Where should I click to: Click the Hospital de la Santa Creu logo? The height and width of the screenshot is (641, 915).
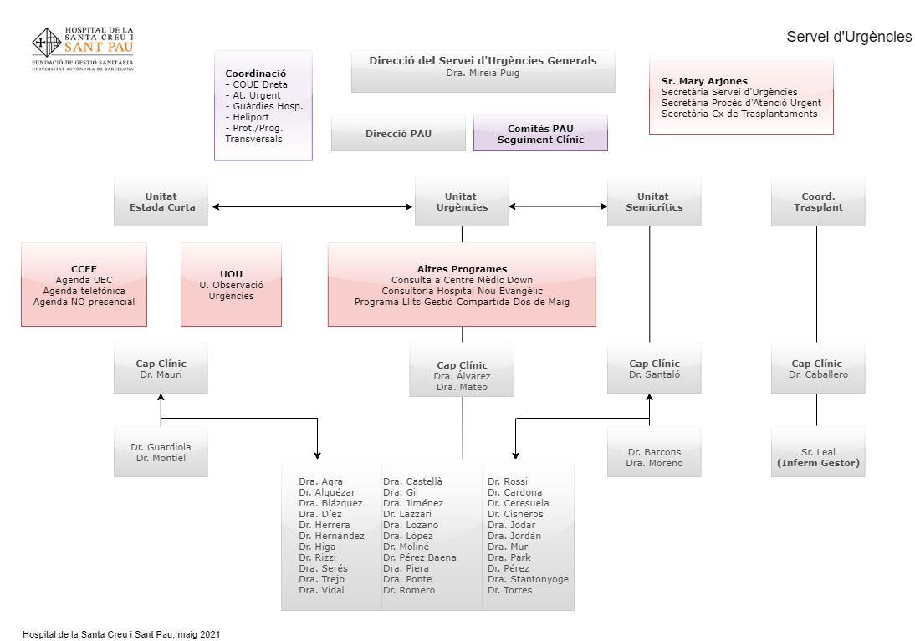82,48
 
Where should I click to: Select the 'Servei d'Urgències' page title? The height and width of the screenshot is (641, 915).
848,37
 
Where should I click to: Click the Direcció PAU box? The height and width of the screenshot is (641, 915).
398,134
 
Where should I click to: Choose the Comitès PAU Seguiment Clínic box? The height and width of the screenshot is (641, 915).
540,134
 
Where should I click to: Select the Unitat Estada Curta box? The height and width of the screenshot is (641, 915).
161,201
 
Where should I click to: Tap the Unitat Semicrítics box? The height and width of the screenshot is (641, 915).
654,201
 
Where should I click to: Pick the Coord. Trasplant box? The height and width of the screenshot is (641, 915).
817,201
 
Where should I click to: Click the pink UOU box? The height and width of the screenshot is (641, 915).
231,284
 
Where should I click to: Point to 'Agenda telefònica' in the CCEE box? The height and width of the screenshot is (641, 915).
84,291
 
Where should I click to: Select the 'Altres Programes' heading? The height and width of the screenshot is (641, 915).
462,269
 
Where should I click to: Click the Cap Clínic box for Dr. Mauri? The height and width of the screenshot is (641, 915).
161,369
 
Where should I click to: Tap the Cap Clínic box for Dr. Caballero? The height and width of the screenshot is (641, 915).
817,369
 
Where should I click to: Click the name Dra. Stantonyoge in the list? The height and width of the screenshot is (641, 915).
527,579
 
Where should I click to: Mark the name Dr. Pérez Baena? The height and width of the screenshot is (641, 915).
419,557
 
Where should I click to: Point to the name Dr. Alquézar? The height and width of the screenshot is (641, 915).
326,492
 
